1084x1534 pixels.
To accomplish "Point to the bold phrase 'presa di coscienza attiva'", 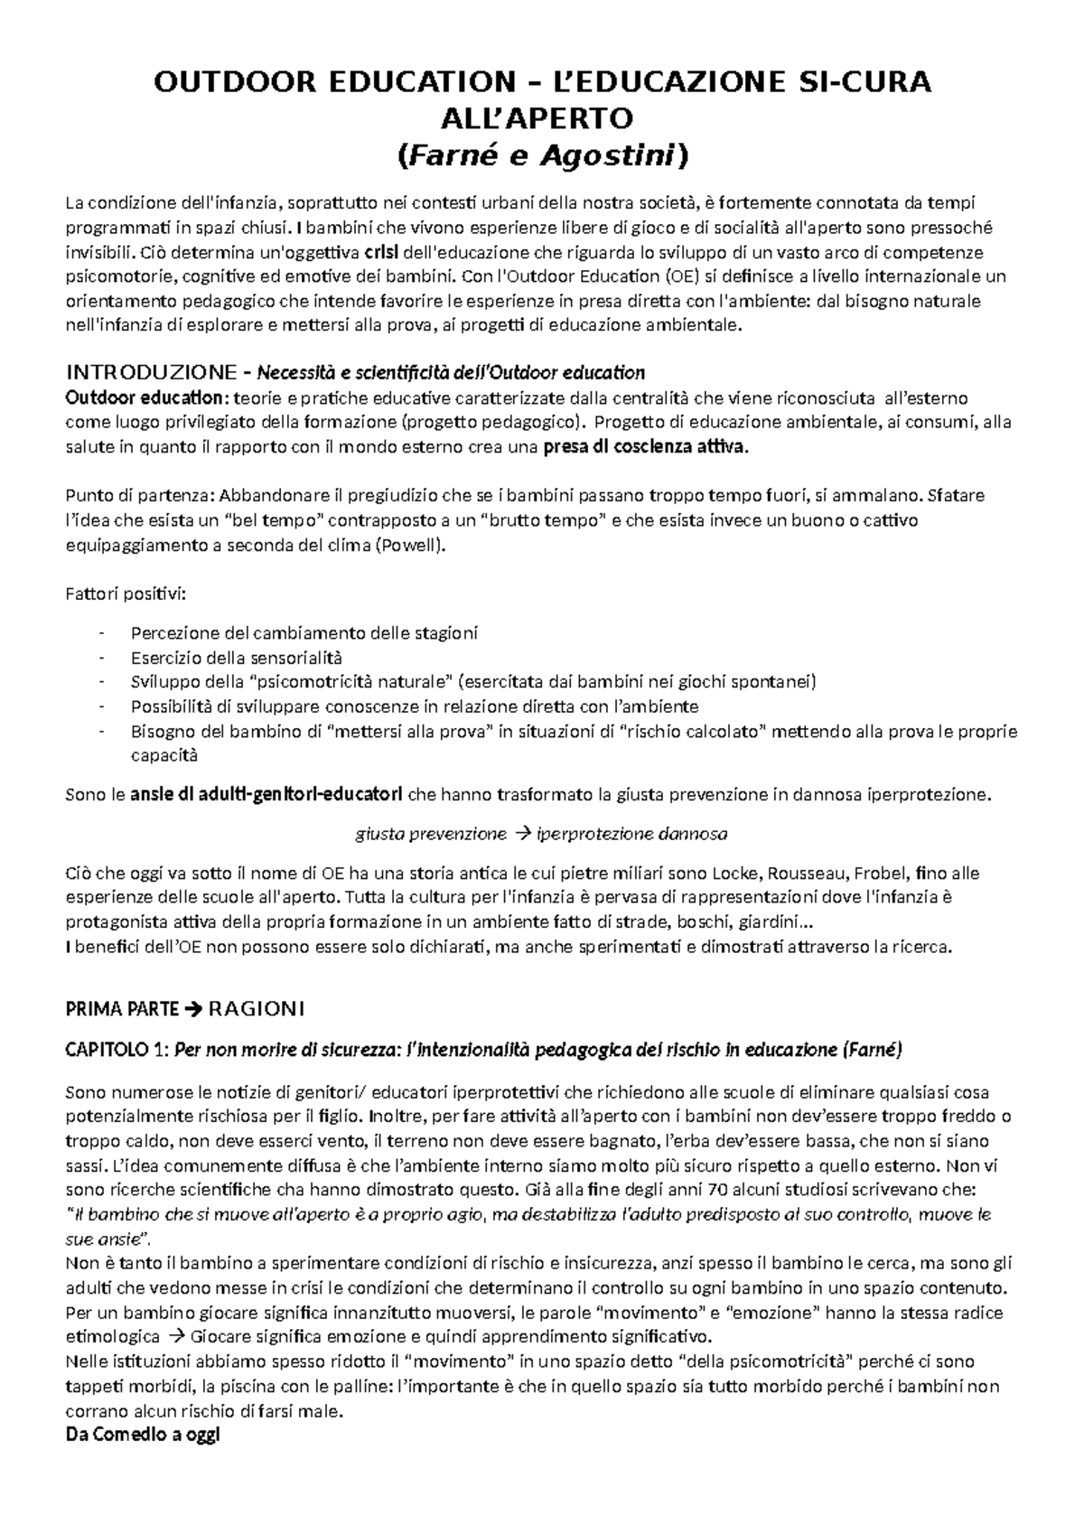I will [645, 446].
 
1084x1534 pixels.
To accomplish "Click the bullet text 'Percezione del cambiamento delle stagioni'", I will [304, 633].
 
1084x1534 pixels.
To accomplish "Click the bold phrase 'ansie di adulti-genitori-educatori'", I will [267, 795].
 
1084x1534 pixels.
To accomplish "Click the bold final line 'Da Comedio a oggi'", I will [143, 1435].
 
